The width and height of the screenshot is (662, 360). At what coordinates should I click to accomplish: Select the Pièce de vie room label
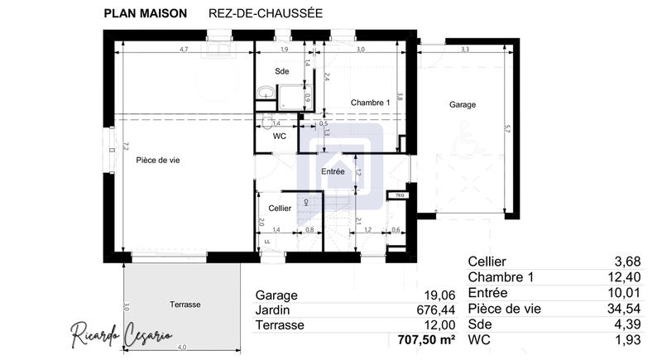(x=157, y=161)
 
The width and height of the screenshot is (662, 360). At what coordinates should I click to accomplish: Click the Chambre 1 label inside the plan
(x=370, y=102)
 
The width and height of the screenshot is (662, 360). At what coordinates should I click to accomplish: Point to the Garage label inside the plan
(x=463, y=105)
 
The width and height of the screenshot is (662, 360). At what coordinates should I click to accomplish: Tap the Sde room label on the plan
(x=282, y=72)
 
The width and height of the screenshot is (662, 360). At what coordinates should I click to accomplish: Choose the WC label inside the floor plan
(x=280, y=136)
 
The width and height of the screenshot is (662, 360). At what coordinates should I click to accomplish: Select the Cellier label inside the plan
(x=279, y=209)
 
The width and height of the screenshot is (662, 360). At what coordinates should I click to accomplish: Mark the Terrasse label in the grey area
(x=185, y=305)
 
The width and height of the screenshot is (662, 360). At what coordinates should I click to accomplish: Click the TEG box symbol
(x=400, y=195)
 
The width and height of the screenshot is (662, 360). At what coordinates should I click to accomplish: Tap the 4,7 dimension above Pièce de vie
(x=185, y=50)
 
